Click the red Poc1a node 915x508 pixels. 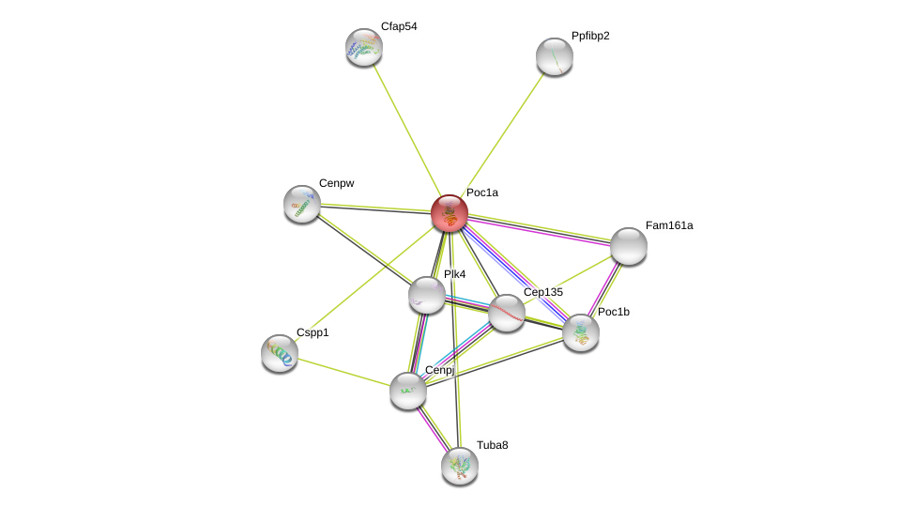click(450, 213)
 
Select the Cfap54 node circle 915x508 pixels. click(364, 47)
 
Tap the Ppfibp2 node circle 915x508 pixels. click(555, 56)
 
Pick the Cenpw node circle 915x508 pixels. click(302, 204)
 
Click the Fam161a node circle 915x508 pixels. click(628, 246)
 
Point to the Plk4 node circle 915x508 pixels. click(427, 295)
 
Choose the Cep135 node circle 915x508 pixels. click(507, 313)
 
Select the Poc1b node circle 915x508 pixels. click(581, 332)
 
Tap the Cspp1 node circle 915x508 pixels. click(280, 353)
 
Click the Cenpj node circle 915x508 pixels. click(408, 391)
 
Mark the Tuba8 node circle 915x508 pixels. click(460, 466)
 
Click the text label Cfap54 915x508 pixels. click(399, 26)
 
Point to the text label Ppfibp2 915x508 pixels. click(590, 36)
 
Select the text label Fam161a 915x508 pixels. click(669, 225)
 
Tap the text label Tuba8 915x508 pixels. click(493, 445)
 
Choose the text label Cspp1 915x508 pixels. click(313, 332)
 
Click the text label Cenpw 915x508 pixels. click(336, 183)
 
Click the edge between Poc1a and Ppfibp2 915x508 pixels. click(503, 133)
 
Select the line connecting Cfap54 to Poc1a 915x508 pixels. click(406, 130)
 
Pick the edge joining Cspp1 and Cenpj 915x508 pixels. click(343, 372)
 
